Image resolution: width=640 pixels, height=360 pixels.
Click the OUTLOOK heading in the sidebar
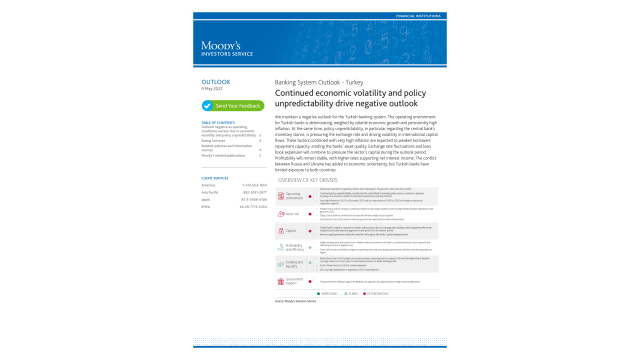pyautogui.click(x=215, y=82)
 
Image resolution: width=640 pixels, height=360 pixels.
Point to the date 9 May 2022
pyautogui.click(x=212, y=90)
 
